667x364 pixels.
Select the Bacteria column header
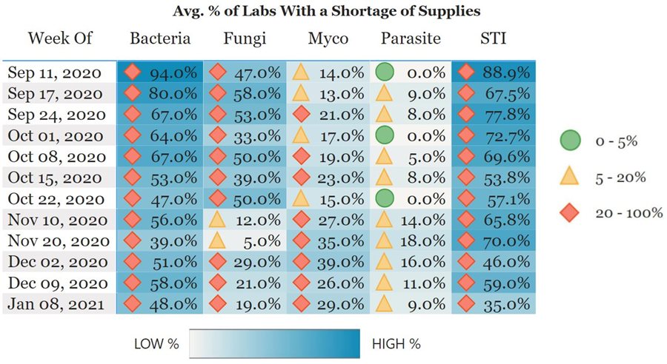[x=160, y=38]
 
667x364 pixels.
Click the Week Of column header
[x=60, y=38]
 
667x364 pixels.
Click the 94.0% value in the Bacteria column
[x=173, y=73]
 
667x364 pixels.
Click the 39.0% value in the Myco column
[x=342, y=261]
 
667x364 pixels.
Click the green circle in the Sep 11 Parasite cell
[x=384, y=72]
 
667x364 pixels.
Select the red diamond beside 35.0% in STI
[x=466, y=303]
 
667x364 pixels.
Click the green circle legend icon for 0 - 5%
[x=570, y=142]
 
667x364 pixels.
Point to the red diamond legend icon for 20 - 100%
[x=570, y=213]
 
